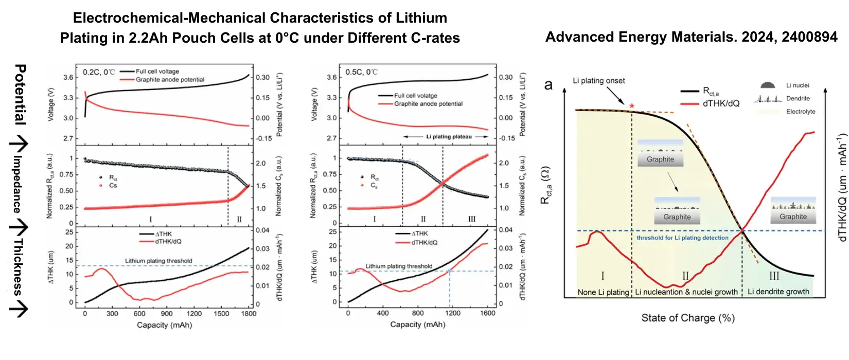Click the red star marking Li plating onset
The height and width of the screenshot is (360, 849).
632,106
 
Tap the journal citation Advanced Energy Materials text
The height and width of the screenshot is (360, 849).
691,37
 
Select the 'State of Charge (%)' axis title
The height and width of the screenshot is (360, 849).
688,318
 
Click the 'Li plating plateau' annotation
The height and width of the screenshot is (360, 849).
449,137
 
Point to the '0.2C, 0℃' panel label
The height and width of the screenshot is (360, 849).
99,72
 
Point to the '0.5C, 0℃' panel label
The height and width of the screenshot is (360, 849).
361,72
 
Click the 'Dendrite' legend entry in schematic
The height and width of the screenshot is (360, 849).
798,98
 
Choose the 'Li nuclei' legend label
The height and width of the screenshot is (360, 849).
798,85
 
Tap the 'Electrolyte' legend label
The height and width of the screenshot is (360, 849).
801,112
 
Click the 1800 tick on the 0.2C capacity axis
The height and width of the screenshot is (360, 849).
249,313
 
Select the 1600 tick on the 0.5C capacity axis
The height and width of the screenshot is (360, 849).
488,313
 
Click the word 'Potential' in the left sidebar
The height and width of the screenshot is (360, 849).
20,94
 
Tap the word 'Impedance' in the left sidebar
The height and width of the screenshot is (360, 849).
17,184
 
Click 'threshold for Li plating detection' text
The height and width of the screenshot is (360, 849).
682,238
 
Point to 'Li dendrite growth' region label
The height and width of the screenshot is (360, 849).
778,292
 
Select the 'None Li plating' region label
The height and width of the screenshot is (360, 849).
603,292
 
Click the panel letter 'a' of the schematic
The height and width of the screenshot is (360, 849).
549,85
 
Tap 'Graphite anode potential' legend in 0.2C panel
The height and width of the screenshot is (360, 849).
170,80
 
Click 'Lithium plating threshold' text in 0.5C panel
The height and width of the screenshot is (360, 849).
399,266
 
